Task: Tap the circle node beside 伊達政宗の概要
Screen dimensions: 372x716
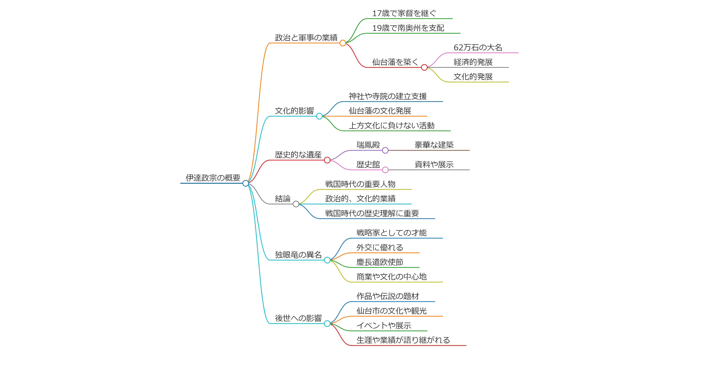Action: pyautogui.click(x=245, y=183)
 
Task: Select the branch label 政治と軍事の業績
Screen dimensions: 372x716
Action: pyautogui.click(x=306, y=37)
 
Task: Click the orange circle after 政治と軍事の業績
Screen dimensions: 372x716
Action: pyautogui.click(x=343, y=43)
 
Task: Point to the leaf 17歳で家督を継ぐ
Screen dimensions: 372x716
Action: pyautogui.click(x=404, y=13)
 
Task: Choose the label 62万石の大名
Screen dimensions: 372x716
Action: pyautogui.click(x=478, y=48)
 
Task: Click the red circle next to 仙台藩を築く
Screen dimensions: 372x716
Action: pyautogui.click(x=424, y=67)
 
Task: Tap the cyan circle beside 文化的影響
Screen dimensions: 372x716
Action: pyautogui.click(x=319, y=116)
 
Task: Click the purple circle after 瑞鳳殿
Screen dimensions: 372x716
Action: pyautogui.click(x=385, y=150)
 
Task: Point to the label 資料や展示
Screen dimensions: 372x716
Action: pyautogui.click(x=434, y=164)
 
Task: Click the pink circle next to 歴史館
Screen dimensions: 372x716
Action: pyautogui.click(x=385, y=170)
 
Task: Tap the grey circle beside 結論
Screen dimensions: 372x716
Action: pyautogui.click(x=296, y=204)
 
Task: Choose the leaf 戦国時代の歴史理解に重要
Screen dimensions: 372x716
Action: pyautogui.click(x=372, y=213)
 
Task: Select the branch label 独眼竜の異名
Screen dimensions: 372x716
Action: pyautogui.click(x=298, y=255)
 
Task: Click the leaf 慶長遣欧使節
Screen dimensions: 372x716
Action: pyautogui.click(x=380, y=262)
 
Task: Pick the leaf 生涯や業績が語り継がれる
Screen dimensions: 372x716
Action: pyautogui.click(x=403, y=340)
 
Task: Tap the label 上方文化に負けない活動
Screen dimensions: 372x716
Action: pyautogui.click(x=391, y=126)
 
